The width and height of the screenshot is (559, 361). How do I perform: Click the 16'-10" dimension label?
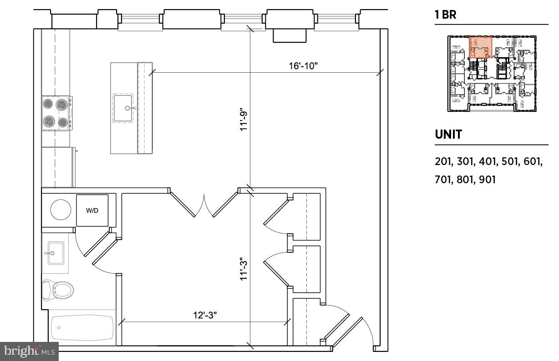point(303,65)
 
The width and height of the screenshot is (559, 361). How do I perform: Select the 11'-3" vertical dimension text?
point(244,269)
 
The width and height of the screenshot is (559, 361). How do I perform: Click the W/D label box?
point(92,211)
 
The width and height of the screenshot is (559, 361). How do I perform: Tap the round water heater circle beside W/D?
point(61,210)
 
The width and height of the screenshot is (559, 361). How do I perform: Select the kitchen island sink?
point(123,108)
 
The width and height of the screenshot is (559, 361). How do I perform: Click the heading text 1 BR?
point(445,15)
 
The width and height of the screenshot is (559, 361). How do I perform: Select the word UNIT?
point(448,135)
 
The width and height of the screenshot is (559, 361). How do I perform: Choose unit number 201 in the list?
point(442,161)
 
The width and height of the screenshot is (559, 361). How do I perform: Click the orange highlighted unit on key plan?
point(480,47)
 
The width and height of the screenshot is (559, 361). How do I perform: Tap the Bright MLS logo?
point(30,351)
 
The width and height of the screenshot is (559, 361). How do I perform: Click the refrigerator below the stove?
point(58,167)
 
